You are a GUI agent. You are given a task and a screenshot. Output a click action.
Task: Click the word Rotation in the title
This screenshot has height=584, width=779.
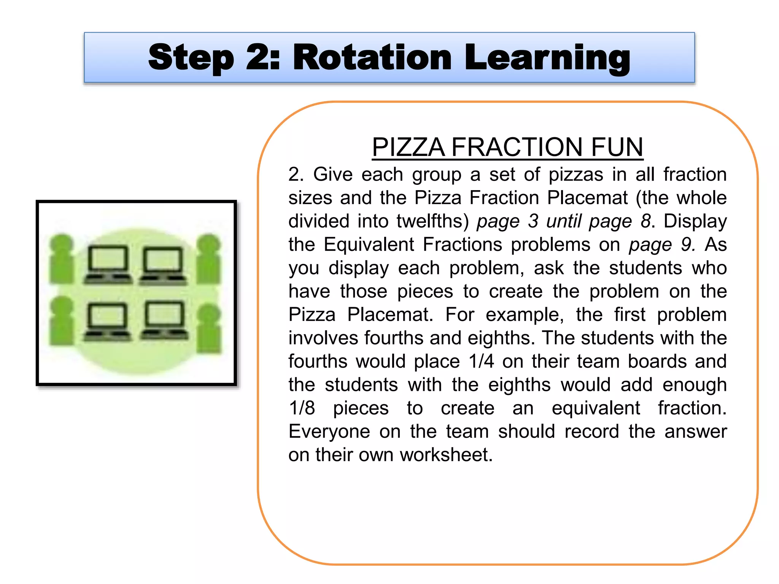click(x=372, y=58)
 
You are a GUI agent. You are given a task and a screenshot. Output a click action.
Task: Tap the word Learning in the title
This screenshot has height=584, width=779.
click(x=547, y=58)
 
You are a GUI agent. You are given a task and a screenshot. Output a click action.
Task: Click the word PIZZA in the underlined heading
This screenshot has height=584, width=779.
click(x=408, y=147)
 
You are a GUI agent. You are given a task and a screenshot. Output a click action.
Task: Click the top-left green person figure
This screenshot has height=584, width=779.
click(x=62, y=259)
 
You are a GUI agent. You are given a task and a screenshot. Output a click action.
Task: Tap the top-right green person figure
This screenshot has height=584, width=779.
click(x=208, y=259)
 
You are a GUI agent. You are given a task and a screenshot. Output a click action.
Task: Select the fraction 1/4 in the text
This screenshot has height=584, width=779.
click(x=481, y=361)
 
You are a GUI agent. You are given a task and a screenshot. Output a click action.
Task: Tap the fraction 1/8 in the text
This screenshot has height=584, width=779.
click(x=302, y=408)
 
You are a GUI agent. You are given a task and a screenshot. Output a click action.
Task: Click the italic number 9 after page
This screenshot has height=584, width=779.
click(x=688, y=244)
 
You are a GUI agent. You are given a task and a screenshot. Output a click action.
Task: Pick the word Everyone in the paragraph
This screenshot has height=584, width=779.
click(x=329, y=432)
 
